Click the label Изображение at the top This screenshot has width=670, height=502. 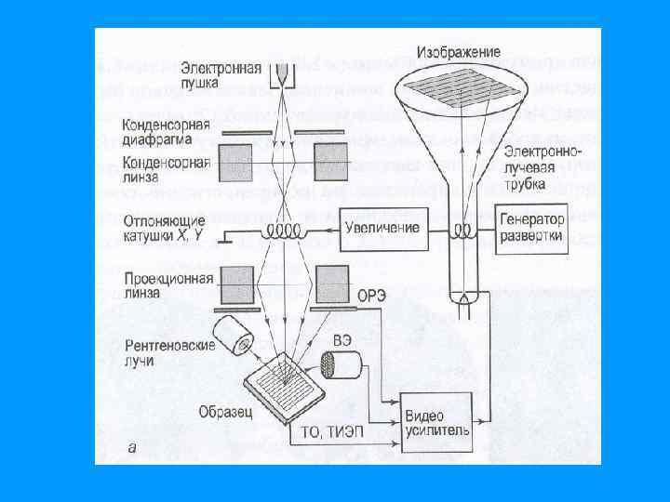pos(459,51)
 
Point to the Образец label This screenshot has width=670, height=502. pos(222,410)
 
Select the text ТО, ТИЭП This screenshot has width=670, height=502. pos(330,430)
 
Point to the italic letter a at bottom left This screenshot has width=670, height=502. pos(131,446)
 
